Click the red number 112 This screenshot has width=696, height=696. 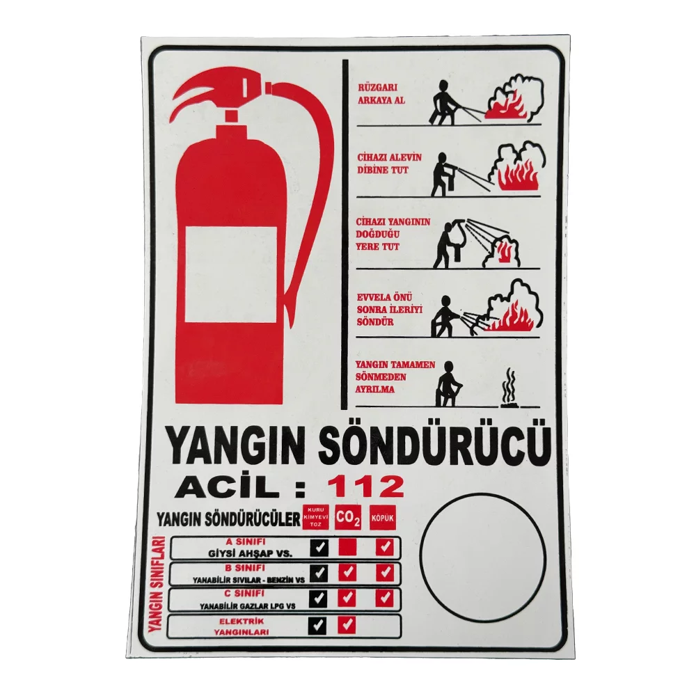point(369,486)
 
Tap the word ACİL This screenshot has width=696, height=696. point(228,487)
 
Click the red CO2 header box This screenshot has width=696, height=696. point(347,518)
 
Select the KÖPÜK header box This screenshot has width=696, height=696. point(382,518)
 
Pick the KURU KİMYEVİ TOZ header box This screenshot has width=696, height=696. point(315,518)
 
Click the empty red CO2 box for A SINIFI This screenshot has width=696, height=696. point(347,547)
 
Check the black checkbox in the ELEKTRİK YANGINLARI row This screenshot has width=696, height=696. point(317,625)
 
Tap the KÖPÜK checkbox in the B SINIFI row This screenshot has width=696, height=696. point(384,573)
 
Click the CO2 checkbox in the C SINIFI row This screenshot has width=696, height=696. point(347,599)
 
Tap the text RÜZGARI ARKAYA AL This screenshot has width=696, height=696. point(381,94)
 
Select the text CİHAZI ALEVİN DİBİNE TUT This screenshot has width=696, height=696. point(389,164)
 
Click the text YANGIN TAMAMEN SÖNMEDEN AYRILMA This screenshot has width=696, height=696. point(395,377)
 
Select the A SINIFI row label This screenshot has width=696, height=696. point(246,542)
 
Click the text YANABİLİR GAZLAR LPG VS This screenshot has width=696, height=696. point(247,606)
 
